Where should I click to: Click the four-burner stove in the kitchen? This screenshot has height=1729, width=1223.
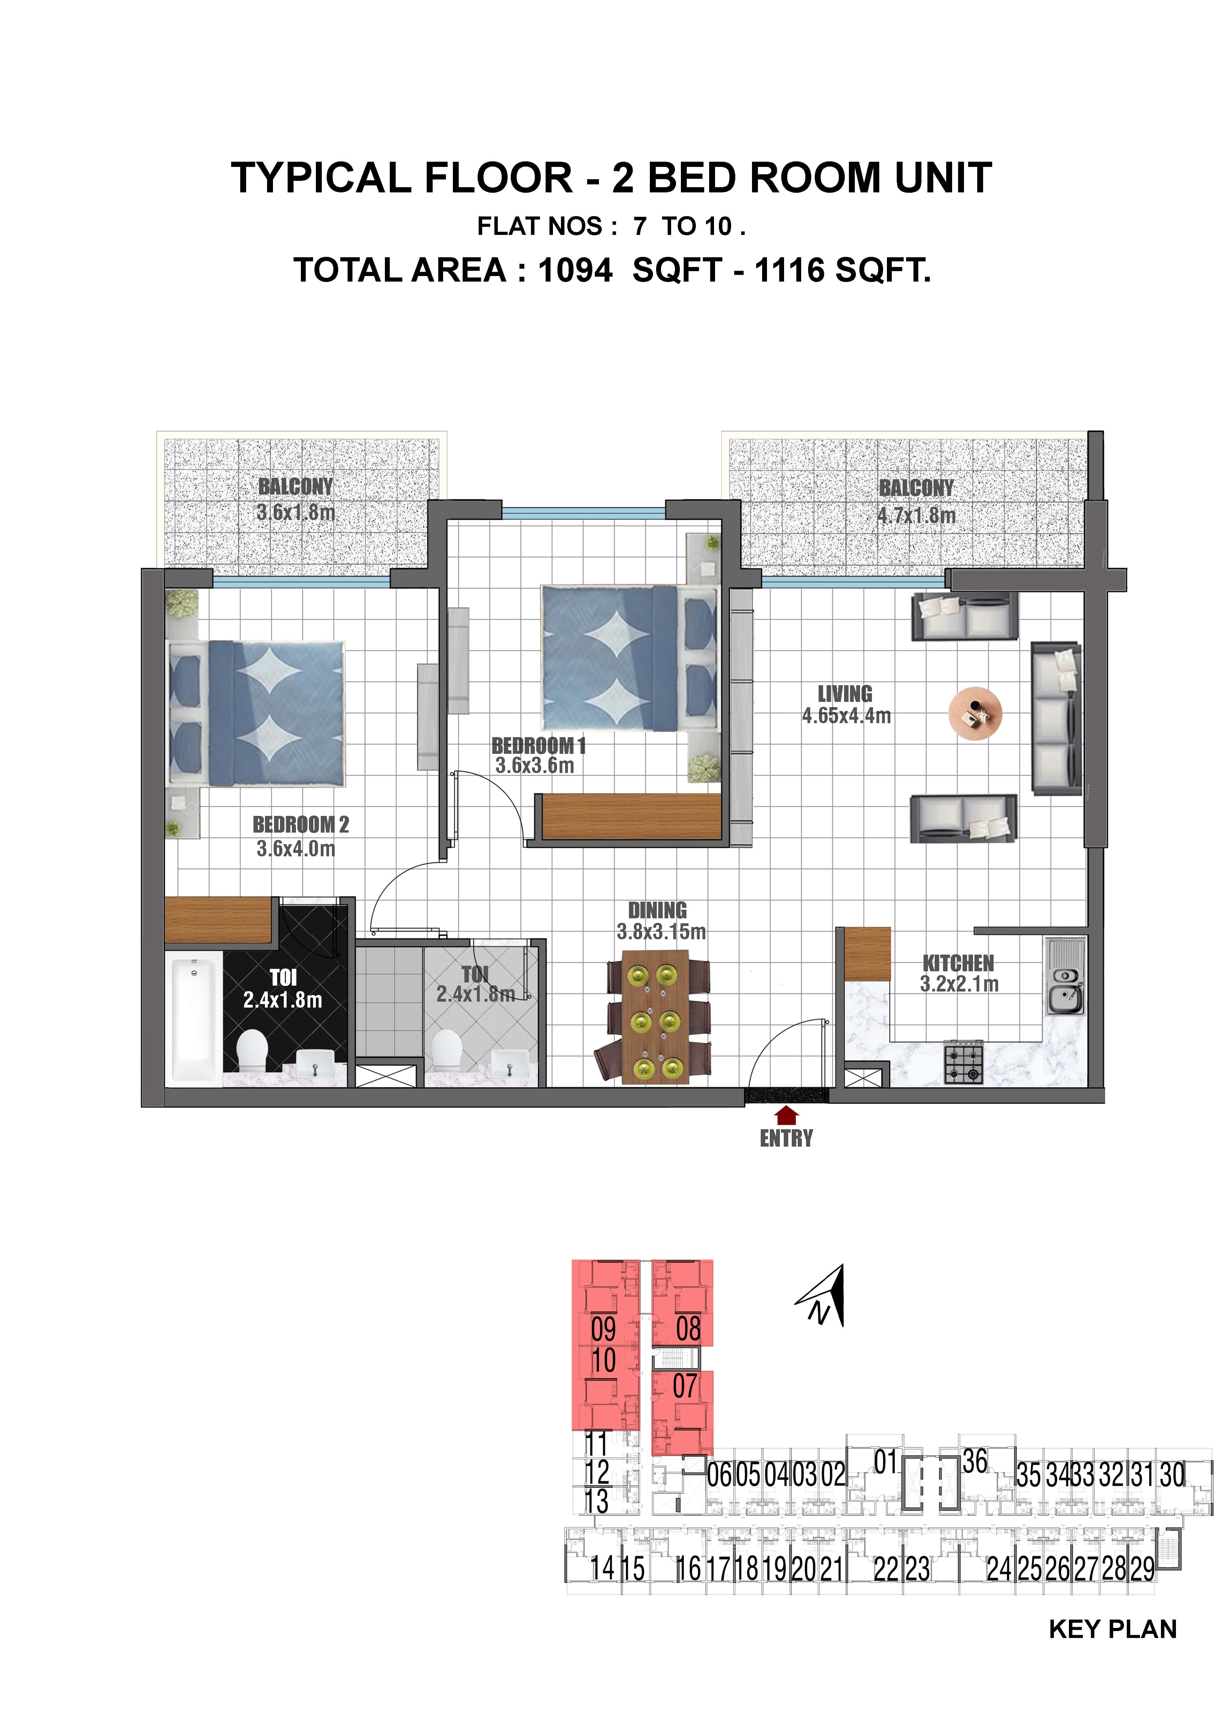pyautogui.click(x=964, y=1063)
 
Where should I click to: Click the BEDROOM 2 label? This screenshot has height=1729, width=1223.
pyautogui.click(x=301, y=825)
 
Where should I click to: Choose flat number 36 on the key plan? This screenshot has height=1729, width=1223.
pyautogui.click(x=974, y=1462)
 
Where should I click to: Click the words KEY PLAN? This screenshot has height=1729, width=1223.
pyautogui.click(x=1112, y=1629)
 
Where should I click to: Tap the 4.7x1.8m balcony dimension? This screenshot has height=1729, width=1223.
pyautogui.click(x=916, y=516)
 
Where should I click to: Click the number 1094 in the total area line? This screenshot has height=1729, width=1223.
pyautogui.click(x=575, y=270)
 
